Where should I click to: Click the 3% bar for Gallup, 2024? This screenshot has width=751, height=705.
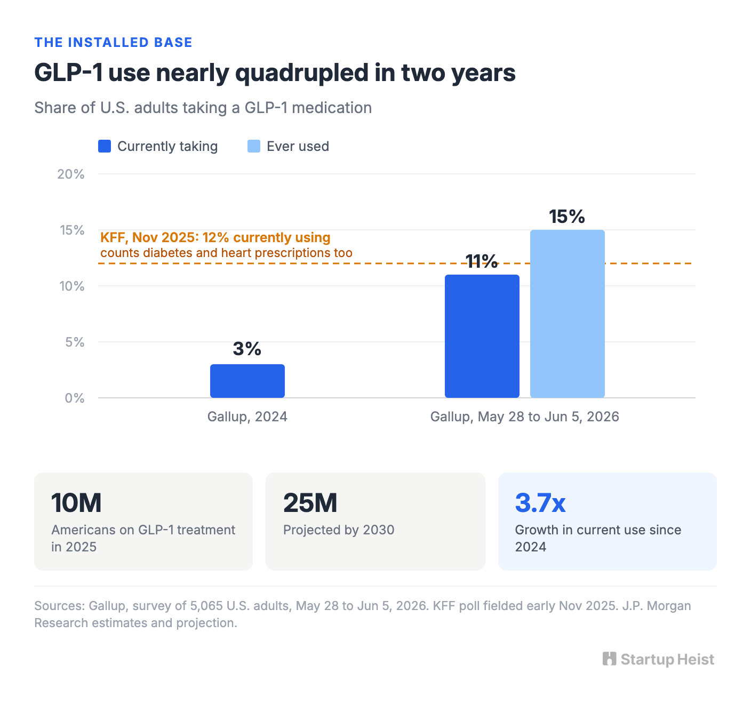(x=247, y=381)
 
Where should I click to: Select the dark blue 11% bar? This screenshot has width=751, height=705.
(x=482, y=336)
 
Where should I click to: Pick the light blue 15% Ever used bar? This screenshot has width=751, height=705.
(x=567, y=314)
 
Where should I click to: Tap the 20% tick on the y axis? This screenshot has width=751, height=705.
(x=71, y=174)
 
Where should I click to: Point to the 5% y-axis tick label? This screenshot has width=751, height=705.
(x=75, y=342)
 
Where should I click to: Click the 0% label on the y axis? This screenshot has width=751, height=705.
(x=75, y=398)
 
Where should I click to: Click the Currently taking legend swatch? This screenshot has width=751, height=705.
(x=105, y=146)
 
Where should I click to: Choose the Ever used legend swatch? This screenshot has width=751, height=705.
(x=254, y=146)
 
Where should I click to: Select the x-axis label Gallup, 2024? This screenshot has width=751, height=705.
(x=247, y=416)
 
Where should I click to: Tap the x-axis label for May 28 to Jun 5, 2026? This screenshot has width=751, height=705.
(x=524, y=416)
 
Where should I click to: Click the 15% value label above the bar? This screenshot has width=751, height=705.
(x=567, y=217)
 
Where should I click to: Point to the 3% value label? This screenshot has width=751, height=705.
(x=247, y=348)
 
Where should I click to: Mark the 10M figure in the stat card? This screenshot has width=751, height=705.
(x=76, y=503)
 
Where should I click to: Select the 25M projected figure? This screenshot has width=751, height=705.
(x=310, y=503)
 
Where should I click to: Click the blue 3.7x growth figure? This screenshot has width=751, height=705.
(x=540, y=503)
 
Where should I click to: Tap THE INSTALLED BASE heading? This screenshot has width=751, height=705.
(x=114, y=42)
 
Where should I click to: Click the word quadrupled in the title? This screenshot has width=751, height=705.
(x=302, y=74)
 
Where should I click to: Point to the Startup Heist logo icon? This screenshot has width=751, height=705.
(x=609, y=659)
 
